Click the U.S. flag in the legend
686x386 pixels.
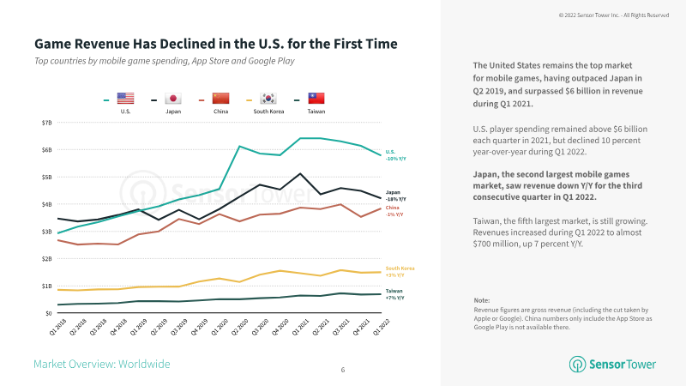pos(125,99)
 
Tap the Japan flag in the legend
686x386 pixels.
pos(172,99)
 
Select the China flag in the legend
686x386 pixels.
pos(221,99)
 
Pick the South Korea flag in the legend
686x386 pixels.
pos(268,99)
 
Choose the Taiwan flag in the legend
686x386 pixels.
pos(316,99)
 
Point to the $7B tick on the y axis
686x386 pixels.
pos(46,123)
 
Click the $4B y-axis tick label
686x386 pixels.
pos(46,204)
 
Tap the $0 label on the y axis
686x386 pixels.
pos(48,313)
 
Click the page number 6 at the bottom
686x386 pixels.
pos(343,370)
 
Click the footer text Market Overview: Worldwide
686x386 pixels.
pos(101,365)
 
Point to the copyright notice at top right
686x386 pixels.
pos(613,15)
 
